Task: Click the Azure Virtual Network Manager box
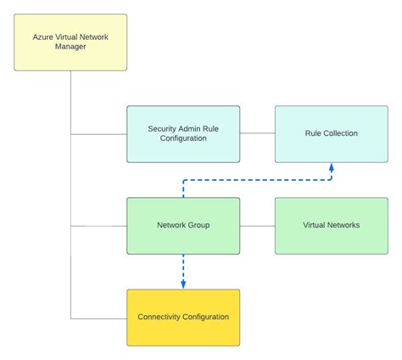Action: (70, 42)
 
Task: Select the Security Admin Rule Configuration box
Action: (183, 133)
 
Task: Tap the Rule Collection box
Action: (331, 133)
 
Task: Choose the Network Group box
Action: (183, 225)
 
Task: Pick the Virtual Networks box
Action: (331, 225)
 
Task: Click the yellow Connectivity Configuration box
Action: (183, 317)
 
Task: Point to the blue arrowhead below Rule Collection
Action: (331, 167)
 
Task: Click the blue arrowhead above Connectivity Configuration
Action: (183, 284)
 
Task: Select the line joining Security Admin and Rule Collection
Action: (257, 133)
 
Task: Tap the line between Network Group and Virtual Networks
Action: (257, 226)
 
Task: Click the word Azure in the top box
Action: (45, 37)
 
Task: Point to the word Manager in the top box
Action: (70, 47)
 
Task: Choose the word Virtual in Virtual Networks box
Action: (316, 225)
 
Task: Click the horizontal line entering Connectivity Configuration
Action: (98, 318)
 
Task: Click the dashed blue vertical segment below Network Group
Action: (183, 267)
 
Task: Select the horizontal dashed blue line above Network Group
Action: (254, 180)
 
